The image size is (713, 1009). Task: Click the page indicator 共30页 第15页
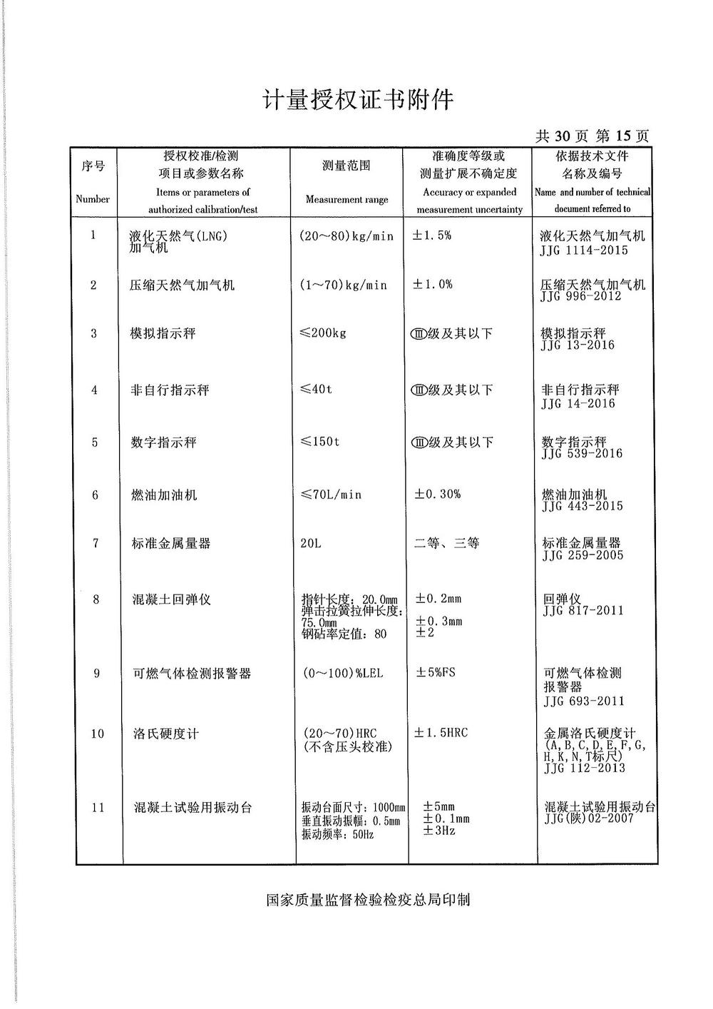(592, 136)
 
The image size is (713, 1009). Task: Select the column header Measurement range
(347, 200)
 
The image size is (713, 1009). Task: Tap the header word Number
(93, 199)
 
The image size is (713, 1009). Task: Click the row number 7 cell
(96, 544)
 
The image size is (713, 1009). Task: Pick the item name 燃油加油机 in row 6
(164, 495)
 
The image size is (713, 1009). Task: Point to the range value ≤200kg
(323, 333)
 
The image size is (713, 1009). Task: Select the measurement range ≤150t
(320, 442)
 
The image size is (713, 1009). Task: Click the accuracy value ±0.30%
(438, 494)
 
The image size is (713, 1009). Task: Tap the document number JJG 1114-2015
(585, 250)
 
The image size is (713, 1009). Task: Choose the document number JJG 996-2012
(581, 296)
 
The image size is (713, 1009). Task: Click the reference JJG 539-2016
(582, 454)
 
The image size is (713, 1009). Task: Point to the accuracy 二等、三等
(447, 544)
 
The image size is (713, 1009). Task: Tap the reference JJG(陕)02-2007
(588, 818)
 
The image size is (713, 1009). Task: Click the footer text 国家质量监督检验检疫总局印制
(368, 900)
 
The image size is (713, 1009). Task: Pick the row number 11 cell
(98, 808)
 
